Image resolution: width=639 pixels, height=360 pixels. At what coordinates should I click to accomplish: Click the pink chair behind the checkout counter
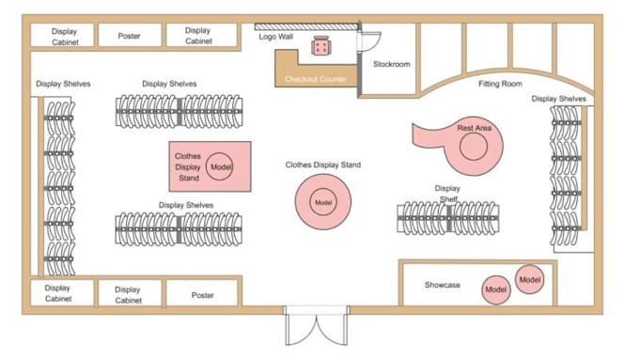tap(321, 46)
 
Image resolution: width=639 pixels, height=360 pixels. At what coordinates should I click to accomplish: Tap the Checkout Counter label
tap(316, 79)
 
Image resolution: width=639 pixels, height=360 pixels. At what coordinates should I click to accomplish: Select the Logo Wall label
tap(276, 37)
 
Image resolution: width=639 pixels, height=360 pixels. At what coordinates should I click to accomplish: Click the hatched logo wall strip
tap(306, 27)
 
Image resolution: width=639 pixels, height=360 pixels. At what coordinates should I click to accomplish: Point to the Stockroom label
tap(392, 64)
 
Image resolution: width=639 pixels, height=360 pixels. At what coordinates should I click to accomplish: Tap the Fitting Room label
tap(500, 84)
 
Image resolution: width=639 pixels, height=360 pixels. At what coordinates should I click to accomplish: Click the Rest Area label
tap(474, 128)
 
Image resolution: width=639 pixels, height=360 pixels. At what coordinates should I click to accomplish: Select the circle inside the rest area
tap(474, 147)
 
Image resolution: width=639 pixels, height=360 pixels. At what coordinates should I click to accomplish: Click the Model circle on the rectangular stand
tap(220, 166)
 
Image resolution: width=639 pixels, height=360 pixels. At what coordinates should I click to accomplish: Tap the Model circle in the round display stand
tap(323, 202)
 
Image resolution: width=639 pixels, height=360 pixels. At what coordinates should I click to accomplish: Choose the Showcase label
tap(443, 285)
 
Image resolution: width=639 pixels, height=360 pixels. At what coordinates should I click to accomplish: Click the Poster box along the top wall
tap(130, 36)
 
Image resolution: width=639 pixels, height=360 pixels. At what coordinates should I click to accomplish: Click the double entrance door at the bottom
tap(317, 325)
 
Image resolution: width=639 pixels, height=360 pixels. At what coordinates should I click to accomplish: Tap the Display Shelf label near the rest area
tap(447, 194)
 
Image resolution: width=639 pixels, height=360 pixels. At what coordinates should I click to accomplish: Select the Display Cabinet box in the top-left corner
tap(62, 36)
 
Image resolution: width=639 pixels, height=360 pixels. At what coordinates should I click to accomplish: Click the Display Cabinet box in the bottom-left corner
tap(62, 292)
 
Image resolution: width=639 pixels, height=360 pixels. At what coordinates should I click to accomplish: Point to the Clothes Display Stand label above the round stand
tap(322, 164)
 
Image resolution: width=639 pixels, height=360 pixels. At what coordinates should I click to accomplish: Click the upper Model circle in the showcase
tap(530, 280)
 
